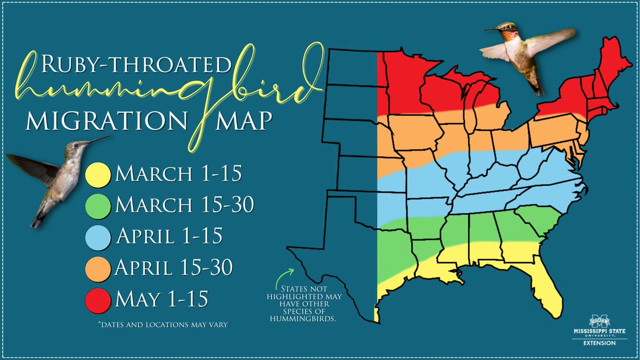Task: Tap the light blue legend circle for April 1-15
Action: [97, 236]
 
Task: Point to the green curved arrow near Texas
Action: [283, 277]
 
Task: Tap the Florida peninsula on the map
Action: [549, 293]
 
